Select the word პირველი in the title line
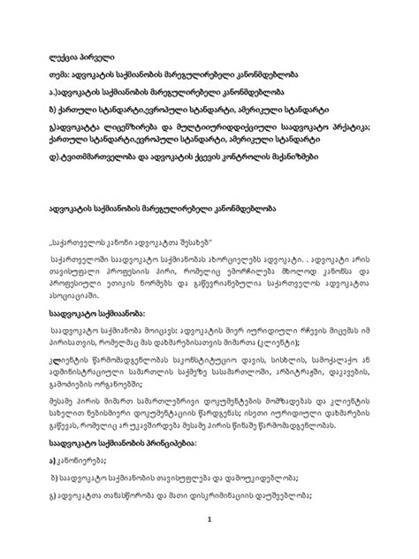click(103, 44)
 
